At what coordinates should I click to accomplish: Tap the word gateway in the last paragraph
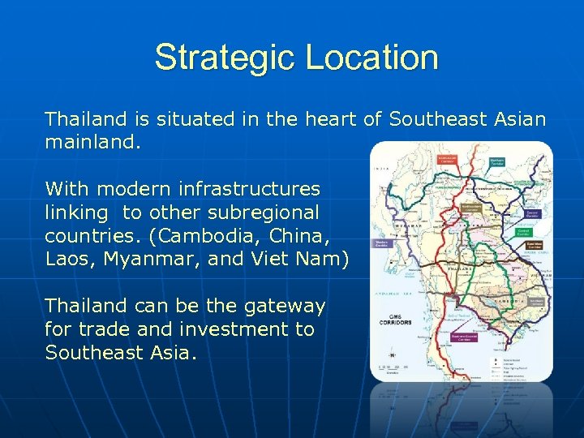(x=284, y=306)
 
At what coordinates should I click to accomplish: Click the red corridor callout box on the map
(x=448, y=161)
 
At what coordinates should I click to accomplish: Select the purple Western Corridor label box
(x=382, y=243)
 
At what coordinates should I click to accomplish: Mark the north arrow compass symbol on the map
(x=392, y=355)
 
